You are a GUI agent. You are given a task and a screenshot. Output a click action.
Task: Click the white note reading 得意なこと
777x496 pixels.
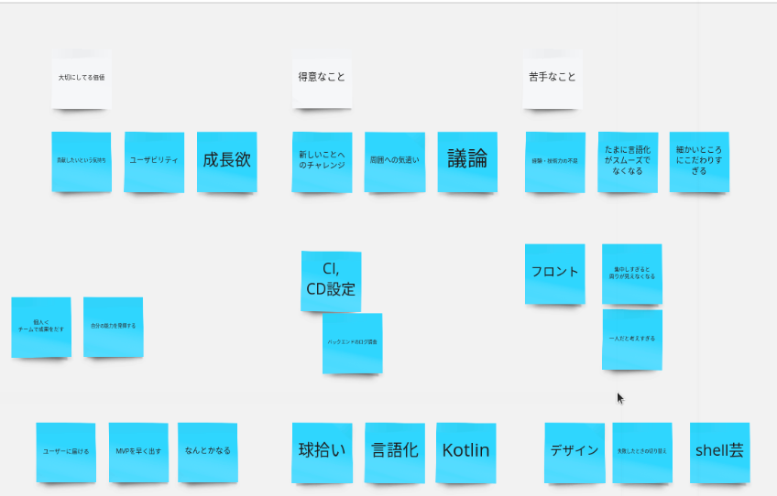[322, 79]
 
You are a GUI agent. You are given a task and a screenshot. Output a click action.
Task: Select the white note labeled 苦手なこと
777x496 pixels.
[553, 79]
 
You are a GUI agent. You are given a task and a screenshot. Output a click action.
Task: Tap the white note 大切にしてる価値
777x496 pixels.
[82, 79]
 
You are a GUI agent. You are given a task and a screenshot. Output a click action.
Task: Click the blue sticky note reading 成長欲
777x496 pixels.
[226, 161]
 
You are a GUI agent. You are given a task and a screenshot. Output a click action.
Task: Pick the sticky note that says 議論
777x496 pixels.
[467, 161]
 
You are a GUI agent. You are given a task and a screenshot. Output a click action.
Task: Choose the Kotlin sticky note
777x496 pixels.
[465, 452]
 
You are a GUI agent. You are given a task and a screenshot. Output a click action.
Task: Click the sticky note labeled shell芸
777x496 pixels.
[719, 452]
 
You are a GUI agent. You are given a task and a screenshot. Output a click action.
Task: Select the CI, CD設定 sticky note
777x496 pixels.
[331, 281]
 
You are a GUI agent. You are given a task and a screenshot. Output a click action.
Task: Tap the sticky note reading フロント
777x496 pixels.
[554, 273]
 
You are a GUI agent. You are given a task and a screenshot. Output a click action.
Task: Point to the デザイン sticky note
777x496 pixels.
[575, 452]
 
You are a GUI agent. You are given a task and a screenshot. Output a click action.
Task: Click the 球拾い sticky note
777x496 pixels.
[322, 452]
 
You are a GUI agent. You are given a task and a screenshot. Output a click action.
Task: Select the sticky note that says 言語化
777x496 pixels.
[394, 452]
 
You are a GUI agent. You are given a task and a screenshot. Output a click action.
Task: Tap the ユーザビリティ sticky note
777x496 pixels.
[154, 161]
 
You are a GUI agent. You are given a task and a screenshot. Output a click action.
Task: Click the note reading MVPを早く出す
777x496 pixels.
[138, 452]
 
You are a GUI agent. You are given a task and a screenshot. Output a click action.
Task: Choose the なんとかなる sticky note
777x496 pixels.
[207, 452]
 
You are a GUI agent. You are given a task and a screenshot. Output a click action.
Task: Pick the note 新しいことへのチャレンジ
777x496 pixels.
[322, 161]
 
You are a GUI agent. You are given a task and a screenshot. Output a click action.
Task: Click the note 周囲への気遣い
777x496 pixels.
[394, 161]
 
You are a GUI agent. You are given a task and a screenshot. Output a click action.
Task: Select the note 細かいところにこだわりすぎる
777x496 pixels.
[699, 161]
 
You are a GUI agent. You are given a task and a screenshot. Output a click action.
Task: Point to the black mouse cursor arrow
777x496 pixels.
[620, 398]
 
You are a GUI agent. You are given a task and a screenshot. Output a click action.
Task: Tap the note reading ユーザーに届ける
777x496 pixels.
[66, 452]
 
